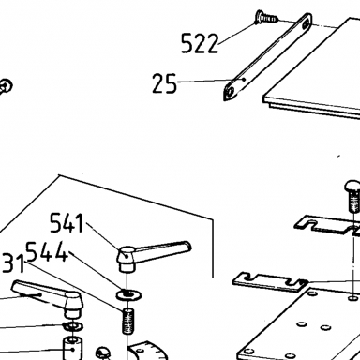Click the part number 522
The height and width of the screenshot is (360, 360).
tap(200, 43)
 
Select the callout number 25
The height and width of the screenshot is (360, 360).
tap(164, 83)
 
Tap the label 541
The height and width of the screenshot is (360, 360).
tap(67, 223)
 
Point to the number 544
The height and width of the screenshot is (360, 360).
tap(47, 251)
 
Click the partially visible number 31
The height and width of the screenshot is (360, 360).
tap(12, 263)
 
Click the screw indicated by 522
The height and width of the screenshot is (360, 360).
tap(265, 18)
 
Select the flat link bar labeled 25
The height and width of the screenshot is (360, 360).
tap(267, 57)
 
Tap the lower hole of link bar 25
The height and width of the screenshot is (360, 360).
tap(231, 92)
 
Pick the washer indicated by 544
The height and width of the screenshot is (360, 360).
tap(128, 294)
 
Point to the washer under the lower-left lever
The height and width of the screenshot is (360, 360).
tap(73, 326)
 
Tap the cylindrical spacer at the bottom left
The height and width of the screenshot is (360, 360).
tap(73, 348)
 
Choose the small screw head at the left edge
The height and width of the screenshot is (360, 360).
tap(6, 85)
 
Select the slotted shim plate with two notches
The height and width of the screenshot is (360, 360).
tap(269, 282)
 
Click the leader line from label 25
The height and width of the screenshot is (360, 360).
tap(210, 81)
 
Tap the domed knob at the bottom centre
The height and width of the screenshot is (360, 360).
tap(103, 352)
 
